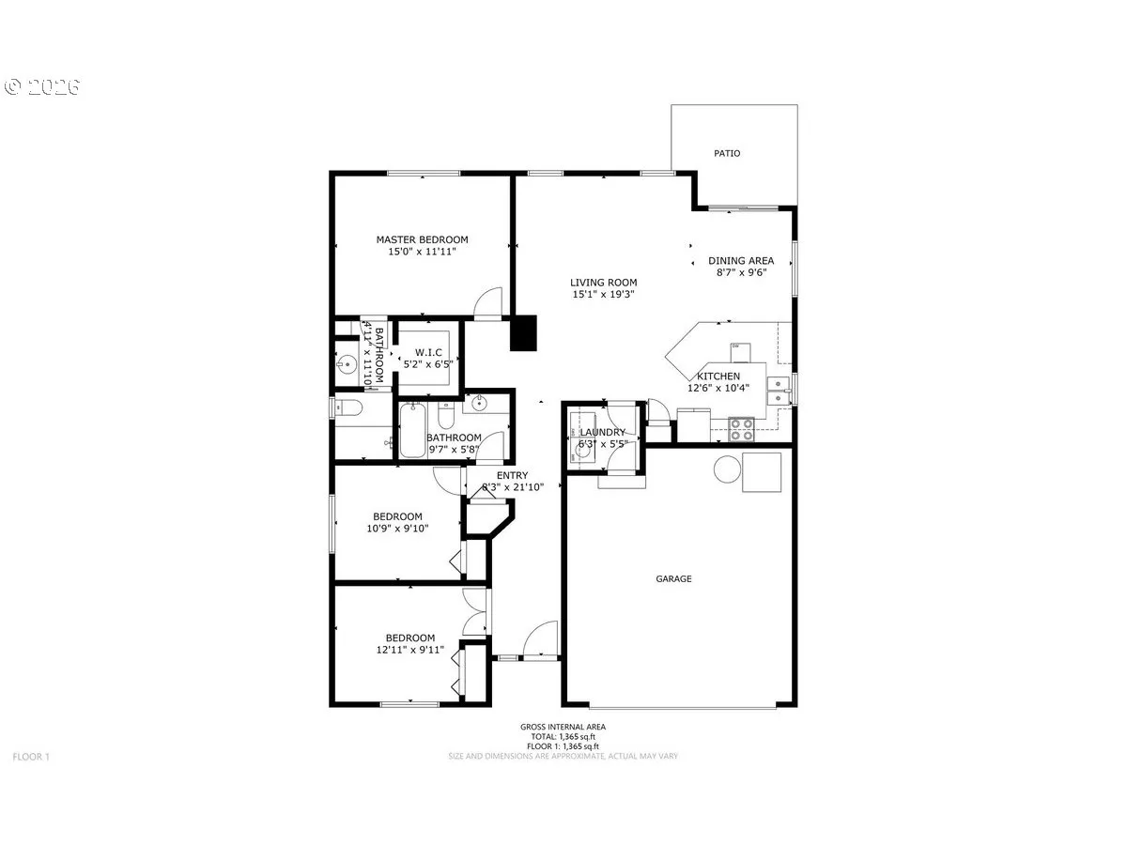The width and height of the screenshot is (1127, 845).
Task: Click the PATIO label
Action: click(x=727, y=153)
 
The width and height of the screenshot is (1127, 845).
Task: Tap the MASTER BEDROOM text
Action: click(x=422, y=239)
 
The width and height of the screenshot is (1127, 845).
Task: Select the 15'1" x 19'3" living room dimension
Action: click(x=603, y=294)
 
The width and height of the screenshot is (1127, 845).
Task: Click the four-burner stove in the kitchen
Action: click(x=742, y=429)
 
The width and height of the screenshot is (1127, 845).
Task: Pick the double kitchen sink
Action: click(x=779, y=389)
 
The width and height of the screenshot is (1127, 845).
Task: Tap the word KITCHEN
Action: click(x=718, y=376)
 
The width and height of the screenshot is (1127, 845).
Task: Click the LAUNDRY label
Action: click(x=602, y=432)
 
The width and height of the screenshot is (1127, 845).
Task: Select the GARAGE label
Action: click(x=673, y=578)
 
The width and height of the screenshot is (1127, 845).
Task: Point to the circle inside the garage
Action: click(x=727, y=469)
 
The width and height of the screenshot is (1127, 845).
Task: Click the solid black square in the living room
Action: click(x=523, y=333)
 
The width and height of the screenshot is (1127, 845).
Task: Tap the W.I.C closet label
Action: click(x=428, y=352)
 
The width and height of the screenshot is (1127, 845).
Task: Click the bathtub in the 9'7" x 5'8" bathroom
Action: click(x=412, y=430)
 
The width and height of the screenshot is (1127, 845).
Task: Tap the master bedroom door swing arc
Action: click(x=487, y=302)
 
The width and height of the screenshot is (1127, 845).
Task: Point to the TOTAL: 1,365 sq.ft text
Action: click(x=563, y=736)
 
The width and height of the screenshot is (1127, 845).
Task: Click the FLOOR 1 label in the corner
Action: click(x=32, y=756)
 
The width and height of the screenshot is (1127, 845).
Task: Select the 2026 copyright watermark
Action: click(x=43, y=86)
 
